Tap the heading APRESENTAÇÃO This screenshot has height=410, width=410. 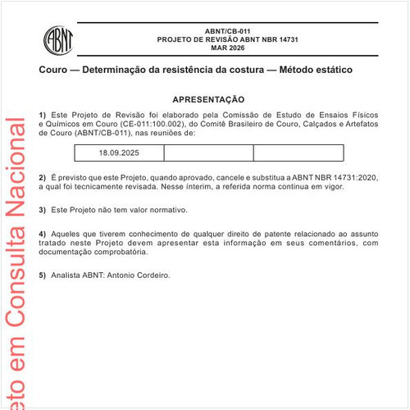coord(208,98)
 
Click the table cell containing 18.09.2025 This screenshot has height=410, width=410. coord(119,153)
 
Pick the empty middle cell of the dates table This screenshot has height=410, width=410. coord(208,153)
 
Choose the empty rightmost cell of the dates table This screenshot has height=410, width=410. coord(298,153)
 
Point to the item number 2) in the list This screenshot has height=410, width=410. coord(43,178)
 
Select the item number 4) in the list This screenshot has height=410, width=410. coord(43,234)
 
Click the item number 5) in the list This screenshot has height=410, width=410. coord(43,275)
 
